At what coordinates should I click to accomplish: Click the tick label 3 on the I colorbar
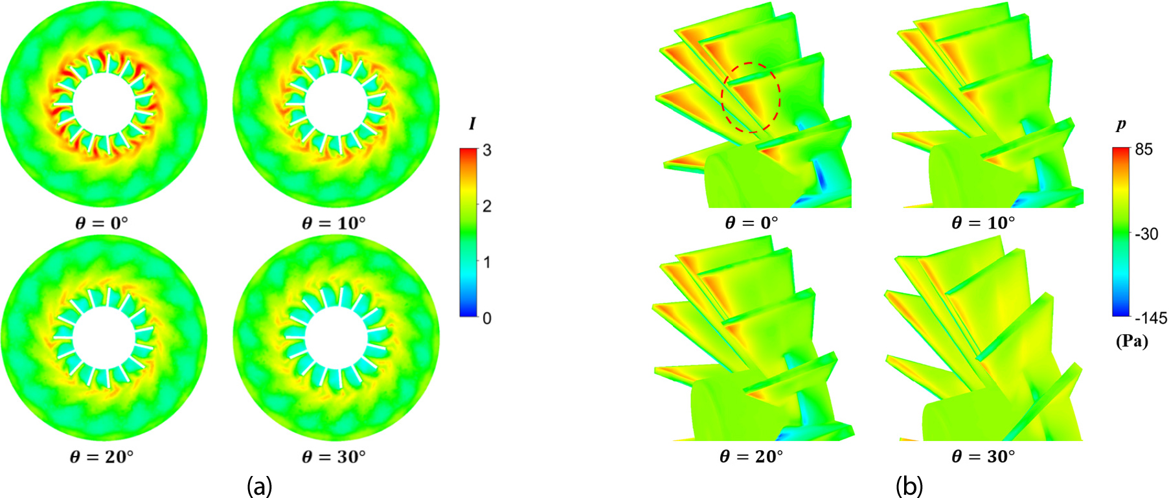click(487, 150)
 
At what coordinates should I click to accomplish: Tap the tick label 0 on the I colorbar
click(487, 318)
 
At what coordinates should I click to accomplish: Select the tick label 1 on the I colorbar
click(487, 262)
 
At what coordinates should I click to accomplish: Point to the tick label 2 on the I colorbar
click(487, 206)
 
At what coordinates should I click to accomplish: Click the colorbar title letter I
click(472, 124)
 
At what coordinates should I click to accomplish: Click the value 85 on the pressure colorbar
click(1144, 150)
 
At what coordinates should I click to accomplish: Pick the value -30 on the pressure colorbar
click(1146, 234)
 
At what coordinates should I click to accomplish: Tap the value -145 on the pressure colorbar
click(1150, 318)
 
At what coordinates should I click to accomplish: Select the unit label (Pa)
click(1131, 341)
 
